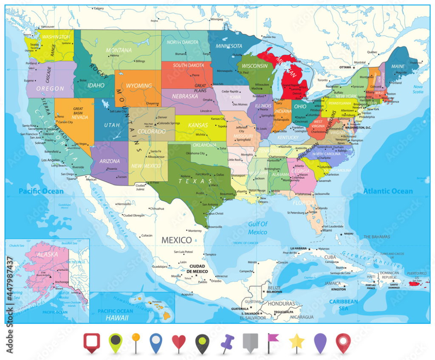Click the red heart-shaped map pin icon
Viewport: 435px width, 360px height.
coord(179,342)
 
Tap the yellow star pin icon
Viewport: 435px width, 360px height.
coord(296,341)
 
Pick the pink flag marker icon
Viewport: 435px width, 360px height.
coord(272,340)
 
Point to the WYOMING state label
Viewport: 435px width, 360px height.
coord(139,86)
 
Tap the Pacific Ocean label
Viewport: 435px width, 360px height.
coord(41,191)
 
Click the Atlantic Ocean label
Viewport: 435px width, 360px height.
coord(388,191)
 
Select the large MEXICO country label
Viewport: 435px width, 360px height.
coord(176,240)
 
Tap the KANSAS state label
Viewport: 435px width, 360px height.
coord(198,125)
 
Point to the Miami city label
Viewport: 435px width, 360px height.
coord(327,231)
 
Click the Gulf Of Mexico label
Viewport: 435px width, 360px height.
coord(258,228)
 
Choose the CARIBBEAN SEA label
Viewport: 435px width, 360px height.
coord(343,304)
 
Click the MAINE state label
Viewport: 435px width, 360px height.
coord(398,66)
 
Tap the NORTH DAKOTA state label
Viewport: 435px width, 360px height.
coord(182,42)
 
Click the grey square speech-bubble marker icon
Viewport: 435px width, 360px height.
coord(250,342)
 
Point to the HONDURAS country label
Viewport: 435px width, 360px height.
coord(281,304)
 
